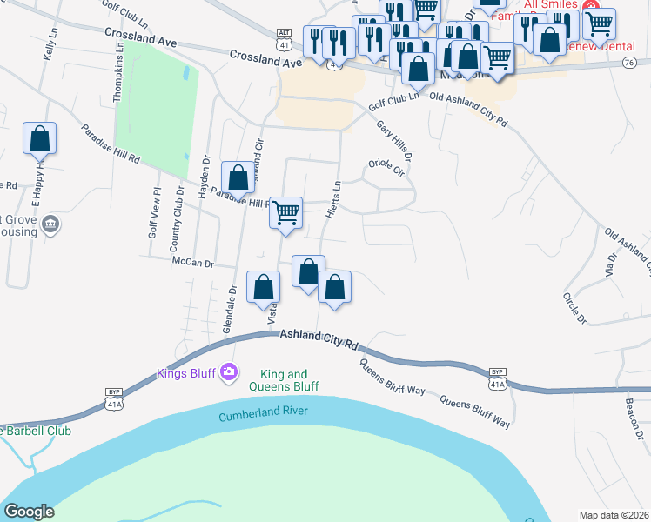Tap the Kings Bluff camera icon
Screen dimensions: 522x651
tap(229, 371)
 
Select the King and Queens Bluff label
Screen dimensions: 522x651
tap(284, 380)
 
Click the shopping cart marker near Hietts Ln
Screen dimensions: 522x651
tap(285, 212)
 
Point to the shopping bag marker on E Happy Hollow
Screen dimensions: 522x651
tap(39, 138)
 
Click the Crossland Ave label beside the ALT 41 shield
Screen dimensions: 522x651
tap(265, 58)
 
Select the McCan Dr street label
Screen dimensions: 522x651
tap(193, 261)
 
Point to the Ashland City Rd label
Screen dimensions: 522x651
tap(318, 340)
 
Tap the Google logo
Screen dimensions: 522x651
tap(29, 512)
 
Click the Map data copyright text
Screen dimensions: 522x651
tap(613, 515)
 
